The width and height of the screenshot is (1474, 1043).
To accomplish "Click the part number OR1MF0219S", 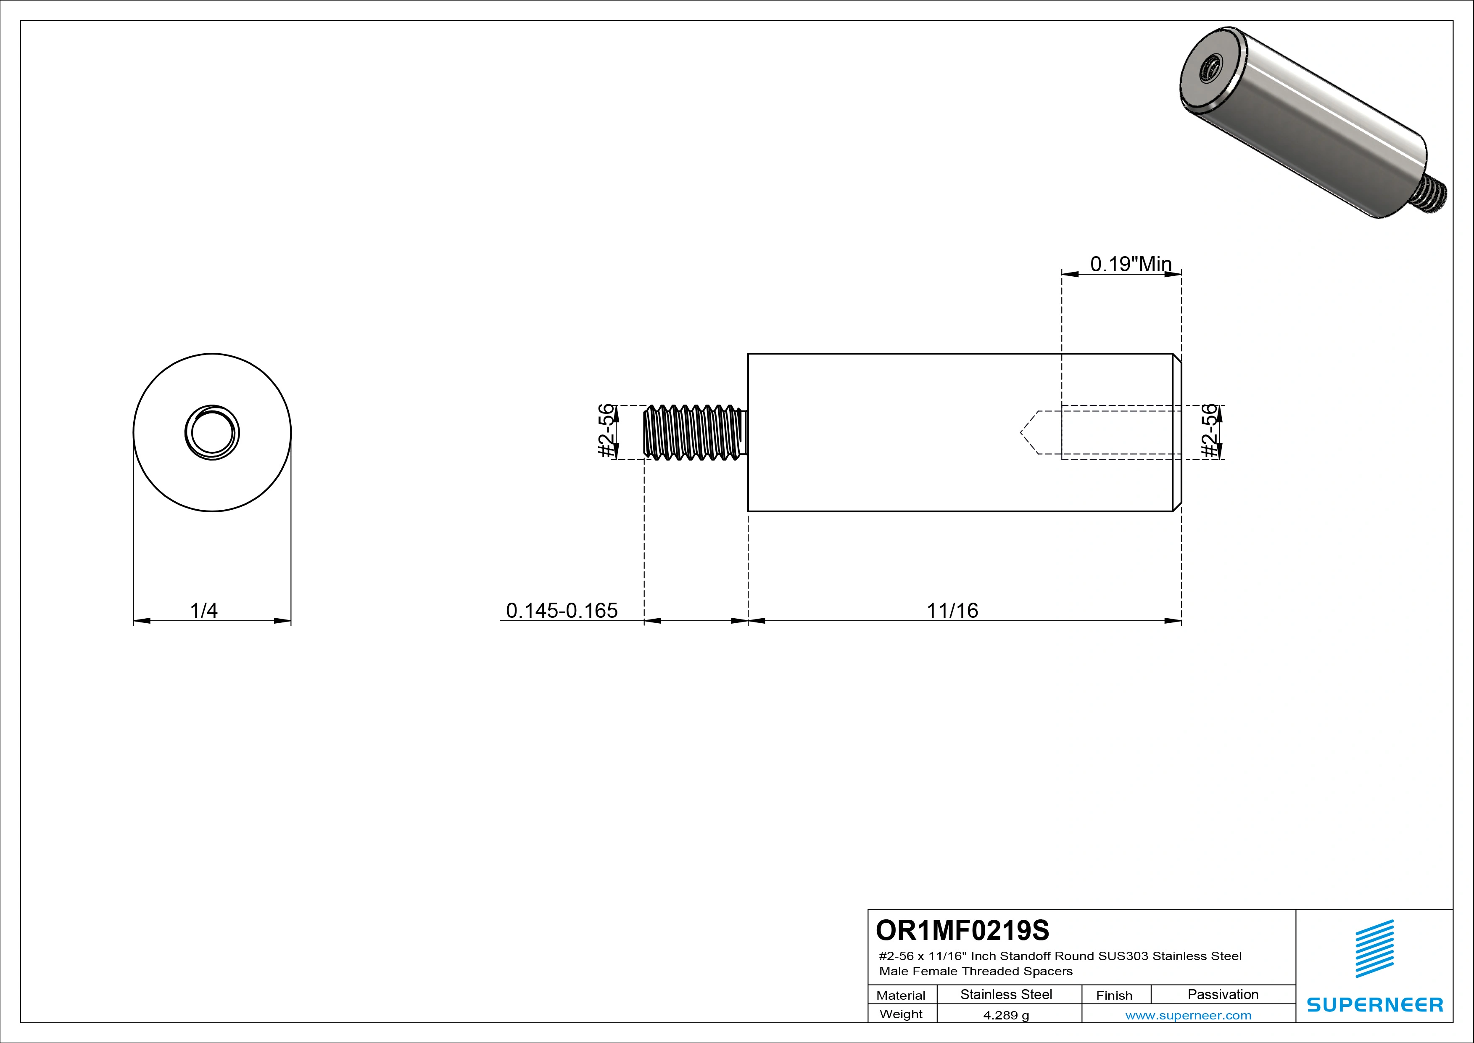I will pyautogui.click(x=962, y=930).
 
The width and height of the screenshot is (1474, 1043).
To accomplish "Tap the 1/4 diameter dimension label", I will pyautogui.click(x=204, y=610).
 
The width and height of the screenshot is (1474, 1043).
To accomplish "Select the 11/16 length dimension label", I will pyautogui.click(x=952, y=610).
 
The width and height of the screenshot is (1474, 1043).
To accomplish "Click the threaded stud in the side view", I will pyautogui.click(x=695, y=432).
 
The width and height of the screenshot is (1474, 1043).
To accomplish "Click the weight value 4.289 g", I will pyautogui.click(x=1006, y=1015).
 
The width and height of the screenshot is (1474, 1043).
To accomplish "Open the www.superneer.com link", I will pyautogui.click(x=1188, y=1015).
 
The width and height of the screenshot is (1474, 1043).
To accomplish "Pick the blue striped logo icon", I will pyautogui.click(x=1374, y=949).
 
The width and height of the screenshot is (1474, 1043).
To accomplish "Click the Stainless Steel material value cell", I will pyautogui.click(x=1006, y=995).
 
